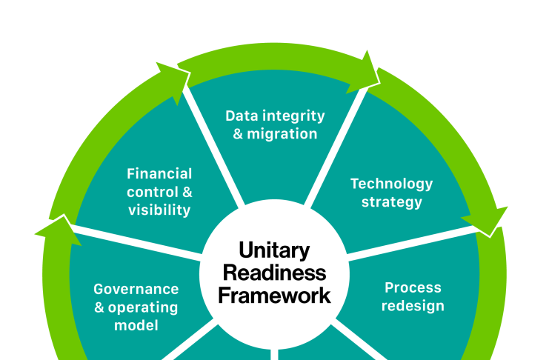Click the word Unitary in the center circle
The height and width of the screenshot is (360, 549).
tap(274, 250)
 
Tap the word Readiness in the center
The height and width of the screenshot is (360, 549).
tap(274, 273)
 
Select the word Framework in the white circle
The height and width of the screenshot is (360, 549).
tap(274, 296)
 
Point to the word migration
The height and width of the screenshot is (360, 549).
tap(282, 134)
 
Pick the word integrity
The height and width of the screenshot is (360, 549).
tap(293, 116)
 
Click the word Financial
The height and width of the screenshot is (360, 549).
tap(159, 173)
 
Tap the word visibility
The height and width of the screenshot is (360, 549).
tap(159, 210)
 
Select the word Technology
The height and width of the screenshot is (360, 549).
tap(391, 183)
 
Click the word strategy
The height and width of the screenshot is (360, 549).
tap(391, 201)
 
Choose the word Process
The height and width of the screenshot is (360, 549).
tap(413, 287)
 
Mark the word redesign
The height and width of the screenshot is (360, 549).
tap(413, 306)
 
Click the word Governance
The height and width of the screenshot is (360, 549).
tap(136, 289)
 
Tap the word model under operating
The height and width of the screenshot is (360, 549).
tap(136, 325)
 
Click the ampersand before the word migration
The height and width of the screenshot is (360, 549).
tap(238, 135)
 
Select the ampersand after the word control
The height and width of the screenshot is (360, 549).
tap(187, 192)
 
